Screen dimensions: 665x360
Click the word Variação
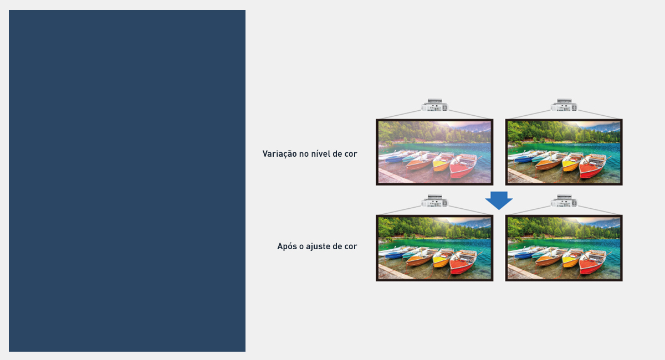point(279,154)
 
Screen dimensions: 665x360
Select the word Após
point(285,246)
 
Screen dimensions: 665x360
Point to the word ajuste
point(319,246)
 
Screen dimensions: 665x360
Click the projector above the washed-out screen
point(434,105)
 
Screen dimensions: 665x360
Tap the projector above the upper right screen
point(564,105)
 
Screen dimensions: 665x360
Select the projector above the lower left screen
point(434,201)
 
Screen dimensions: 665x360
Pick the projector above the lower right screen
point(564,201)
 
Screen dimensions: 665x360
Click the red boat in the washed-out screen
point(463,167)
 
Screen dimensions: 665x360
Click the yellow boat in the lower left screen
point(442,258)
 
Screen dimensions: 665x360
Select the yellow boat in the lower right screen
point(571,258)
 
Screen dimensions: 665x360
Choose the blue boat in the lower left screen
point(397,254)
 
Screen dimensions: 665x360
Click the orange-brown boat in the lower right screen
point(549,259)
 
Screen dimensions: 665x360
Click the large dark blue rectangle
point(127,181)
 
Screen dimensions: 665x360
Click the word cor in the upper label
point(351,155)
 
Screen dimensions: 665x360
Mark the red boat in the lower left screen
point(463,263)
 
